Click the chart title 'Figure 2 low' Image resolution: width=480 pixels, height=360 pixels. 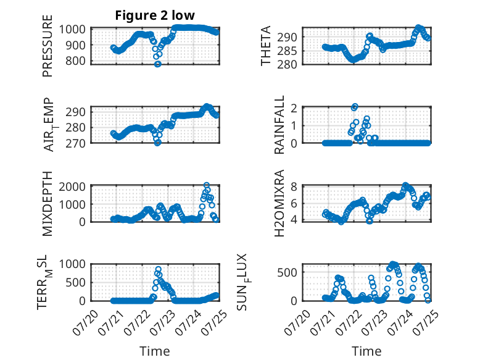coord(155,15)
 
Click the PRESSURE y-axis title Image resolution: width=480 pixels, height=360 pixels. coord(48,46)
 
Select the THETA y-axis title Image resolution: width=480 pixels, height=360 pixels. coord(266,46)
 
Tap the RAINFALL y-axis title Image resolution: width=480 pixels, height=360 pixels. coord(279,125)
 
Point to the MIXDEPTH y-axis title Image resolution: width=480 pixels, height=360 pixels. coord(48,204)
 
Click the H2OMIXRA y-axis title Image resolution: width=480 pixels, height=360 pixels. coord(279,203)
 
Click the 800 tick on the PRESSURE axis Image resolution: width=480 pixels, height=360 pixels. coord(76,61)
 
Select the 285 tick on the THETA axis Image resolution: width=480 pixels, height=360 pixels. coord(287,51)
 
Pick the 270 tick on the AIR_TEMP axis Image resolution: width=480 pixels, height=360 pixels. coord(75,143)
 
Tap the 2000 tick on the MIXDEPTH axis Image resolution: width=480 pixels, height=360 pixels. coord(72,186)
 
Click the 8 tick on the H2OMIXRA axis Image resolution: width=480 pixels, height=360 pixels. coord(294,186)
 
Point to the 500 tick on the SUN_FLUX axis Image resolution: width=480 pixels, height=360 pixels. coord(287,272)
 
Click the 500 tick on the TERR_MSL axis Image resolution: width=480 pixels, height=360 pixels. coord(75,282)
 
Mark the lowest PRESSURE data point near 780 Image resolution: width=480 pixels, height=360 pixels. coord(158,64)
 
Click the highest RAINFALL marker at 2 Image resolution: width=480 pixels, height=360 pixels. coord(355,107)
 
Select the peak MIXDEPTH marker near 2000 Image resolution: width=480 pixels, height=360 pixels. coord(207,185)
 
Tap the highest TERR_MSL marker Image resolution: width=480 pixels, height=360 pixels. coord(158,269)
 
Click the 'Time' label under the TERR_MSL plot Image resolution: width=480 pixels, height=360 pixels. coord(155,351)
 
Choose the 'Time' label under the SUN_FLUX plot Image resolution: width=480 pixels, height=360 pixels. coord(366,351)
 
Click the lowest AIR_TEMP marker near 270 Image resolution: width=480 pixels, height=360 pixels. coord(157,143)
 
